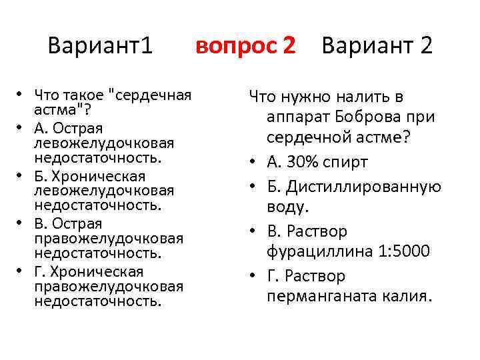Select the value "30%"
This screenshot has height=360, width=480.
click(x=307, y=163)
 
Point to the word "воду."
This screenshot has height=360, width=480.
click(x=288, y=207)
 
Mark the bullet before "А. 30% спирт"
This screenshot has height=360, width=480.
click(x=255, y=163)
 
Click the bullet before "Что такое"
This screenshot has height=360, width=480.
click(x=22, y=95)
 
